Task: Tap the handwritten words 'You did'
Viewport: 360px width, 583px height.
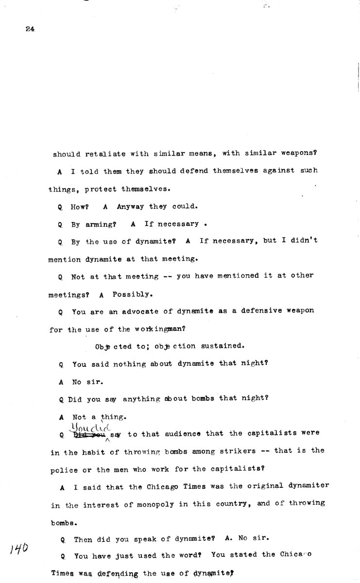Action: click(90, 427)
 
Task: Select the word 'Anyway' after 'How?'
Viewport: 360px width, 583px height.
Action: click(130, 206)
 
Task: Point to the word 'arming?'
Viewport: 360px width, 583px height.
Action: click(100, 224)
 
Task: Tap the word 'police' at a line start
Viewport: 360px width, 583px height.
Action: click(62, 469)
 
